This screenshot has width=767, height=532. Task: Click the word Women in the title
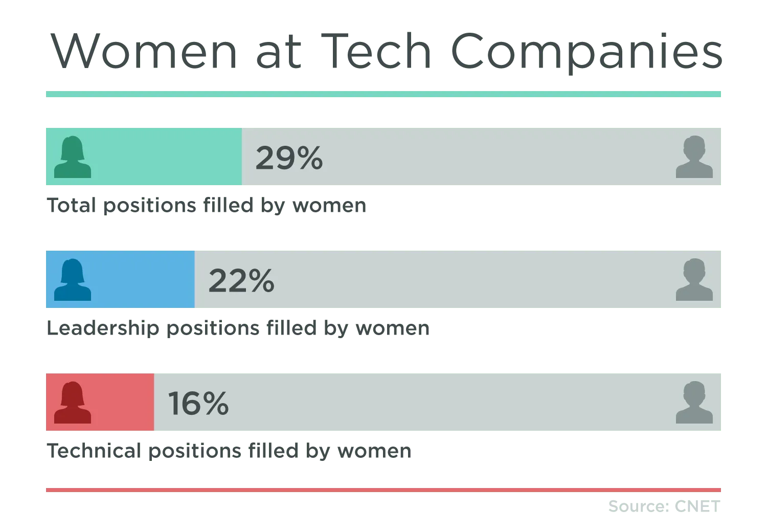coord(144,51)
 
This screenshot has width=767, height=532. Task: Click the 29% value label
coord(289,158)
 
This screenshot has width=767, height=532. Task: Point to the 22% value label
coord(241,280)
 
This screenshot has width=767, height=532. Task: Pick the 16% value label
coord(198,403)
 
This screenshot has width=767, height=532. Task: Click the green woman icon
coord(73,157)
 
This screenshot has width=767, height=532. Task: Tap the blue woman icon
coord(73,280)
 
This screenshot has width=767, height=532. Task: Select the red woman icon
coord(73,403)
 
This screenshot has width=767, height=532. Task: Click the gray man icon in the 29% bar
coord(694,157)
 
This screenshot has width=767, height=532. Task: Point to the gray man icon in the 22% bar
coord(694,280)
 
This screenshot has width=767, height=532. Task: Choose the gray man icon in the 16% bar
coord(694,403)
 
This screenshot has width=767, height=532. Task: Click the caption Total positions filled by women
coord(207,206)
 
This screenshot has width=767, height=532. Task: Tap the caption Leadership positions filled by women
coord(237,328)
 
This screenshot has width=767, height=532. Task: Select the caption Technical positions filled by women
coord(229,451)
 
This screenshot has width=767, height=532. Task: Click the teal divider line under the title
coord(383,94)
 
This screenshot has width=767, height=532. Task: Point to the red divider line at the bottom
coord(383,491)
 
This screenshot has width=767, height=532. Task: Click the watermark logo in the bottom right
coord(664,507)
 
